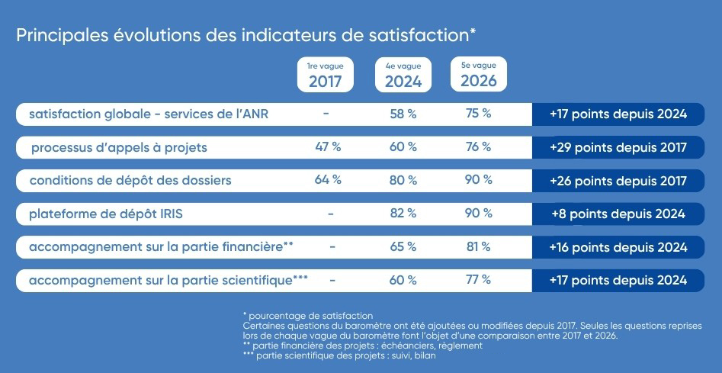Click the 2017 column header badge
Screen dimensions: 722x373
[325, 75]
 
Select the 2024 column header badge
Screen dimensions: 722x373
[403, 75]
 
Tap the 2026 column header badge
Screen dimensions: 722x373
[479, 74]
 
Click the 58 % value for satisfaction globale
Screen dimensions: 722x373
[403, 114]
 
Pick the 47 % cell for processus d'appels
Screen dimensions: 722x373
[328, 147]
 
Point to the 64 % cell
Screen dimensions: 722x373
[328, 180]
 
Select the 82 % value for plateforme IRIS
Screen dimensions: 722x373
[403, 214]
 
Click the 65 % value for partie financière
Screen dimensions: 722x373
[403, 247]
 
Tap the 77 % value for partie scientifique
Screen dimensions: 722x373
[479, 279]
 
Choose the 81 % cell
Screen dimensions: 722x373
[479, 247]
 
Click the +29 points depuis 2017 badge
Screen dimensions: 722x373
[618, 147]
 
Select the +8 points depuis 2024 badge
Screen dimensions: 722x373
[618, 214]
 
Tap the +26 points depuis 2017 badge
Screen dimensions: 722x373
[618, 181]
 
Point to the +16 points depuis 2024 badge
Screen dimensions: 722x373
[618, 247]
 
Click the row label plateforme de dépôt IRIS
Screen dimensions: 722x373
[106, 214]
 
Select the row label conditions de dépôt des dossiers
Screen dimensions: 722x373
[130, 181]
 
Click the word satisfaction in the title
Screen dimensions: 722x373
[419, 36]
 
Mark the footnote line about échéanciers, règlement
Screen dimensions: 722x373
[363, 346]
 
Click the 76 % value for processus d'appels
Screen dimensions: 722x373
[479, 147]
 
